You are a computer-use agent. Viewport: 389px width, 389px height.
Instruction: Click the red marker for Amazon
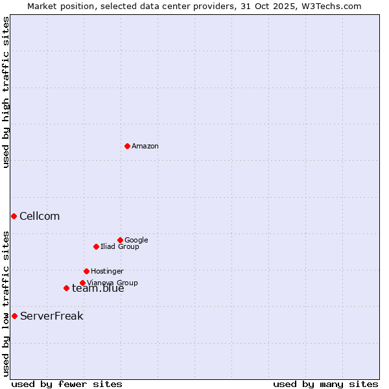pyautogui.click(x=127, y=146)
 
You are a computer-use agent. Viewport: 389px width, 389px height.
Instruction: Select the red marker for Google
pyautogui.click(x=120, y=240)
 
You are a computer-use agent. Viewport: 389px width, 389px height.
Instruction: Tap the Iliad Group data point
pyautogui.click(x=96, y=246)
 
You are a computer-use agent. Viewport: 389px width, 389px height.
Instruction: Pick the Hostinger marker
pyautogui.click(x=86, y=271)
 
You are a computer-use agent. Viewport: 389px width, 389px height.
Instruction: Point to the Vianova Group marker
pyautogui.click(x=82, y=283)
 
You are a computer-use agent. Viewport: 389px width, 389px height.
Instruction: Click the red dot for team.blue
pyautogui.click(x=66, y=288)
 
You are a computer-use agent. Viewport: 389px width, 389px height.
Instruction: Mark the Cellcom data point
pyautogui.click(x=14, y=216)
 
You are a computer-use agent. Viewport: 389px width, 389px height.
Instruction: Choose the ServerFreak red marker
pyautogui.click(x=14, y=316)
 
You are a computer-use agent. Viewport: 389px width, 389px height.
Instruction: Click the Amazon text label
pyautogui.click(x=145, y=147)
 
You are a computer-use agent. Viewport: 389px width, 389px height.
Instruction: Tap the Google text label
pyautogui.click(x=136, y=241)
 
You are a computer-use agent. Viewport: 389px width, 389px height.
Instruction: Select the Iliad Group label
pyautogui.click(x=120, y=247)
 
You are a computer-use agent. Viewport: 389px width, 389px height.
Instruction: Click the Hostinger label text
pyautogui.click(x=107, y=272)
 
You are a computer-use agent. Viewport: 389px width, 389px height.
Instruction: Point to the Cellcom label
pyautogui.click(x=40, y=217)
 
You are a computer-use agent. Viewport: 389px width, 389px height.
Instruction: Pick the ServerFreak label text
pyautogui.click(x=52, y=316)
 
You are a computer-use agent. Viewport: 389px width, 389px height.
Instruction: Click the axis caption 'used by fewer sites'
pyautogui.click(x=67, y=384)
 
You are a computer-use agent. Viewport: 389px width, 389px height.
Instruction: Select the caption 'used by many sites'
pyautogui.click(x=325, y=384)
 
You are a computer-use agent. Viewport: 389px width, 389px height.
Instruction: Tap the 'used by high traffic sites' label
pyautogui.click(x=6, y=92)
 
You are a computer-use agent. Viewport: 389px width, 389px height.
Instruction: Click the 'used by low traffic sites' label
pyautogui.click(x=6, y=303)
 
